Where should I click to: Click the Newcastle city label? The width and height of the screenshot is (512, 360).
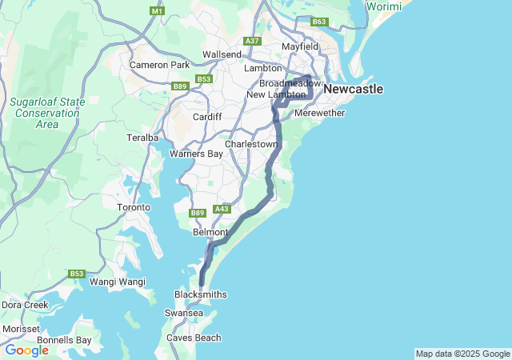click(x=353, y=89)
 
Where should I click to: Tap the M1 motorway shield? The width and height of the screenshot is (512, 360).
click(x=157, y=11)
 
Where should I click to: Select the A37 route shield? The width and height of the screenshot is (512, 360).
click(x=253, y=41)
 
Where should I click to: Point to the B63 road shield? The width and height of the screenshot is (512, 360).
click(x=320, y=22)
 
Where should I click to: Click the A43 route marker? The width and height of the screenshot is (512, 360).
click(x=222, y=209)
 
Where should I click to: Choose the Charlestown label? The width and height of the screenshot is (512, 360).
click(x=252, y=144)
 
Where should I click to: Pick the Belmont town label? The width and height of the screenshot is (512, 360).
click(x=211, y=232)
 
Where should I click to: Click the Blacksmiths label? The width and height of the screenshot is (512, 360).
click(x=200, y=294)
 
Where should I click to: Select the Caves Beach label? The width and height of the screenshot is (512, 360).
click(x=194, y=338)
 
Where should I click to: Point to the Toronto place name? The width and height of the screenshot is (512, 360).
click(x=134, y=207)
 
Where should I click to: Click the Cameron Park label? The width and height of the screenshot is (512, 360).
click(x=159, y=65)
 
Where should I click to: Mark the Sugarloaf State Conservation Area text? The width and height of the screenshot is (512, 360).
click(x=46, y=113)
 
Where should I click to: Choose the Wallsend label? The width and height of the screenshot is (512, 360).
click(x=222, y=54)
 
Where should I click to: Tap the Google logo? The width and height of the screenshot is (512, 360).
click(x=26, y=350)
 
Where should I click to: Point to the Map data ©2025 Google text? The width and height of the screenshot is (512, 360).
click(x=462, y=354)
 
